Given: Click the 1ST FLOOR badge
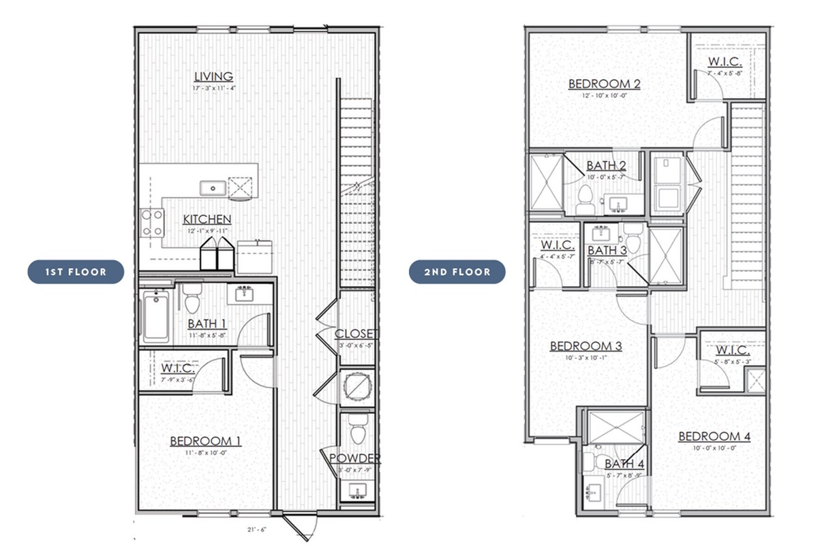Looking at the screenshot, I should [x=76, y=272].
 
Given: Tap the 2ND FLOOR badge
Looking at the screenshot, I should [x=457, y=272].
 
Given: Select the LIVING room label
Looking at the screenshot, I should [x=213, y=77].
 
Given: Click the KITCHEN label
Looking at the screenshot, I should [x=207, y=219].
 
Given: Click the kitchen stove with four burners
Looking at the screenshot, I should [x=152, y=222].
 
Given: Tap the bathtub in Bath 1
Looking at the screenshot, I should [x=155, y=316].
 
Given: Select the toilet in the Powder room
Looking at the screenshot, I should [x=357, y=431].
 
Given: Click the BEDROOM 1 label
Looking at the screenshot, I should [x=205, y=441].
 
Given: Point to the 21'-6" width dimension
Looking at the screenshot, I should [x=258, y=529].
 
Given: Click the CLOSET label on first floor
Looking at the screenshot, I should [x=357, y=334].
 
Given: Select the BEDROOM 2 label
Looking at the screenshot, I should [x=604, y=84].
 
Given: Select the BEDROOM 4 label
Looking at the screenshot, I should [x=714, y=436].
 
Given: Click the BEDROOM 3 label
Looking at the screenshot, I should [x=586, y=346].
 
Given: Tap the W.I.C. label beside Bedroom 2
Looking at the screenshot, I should [x=724, y=61].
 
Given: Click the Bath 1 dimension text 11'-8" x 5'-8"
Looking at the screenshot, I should [x=211, y=335].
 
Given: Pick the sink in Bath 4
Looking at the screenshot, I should [x=593, y=491].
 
